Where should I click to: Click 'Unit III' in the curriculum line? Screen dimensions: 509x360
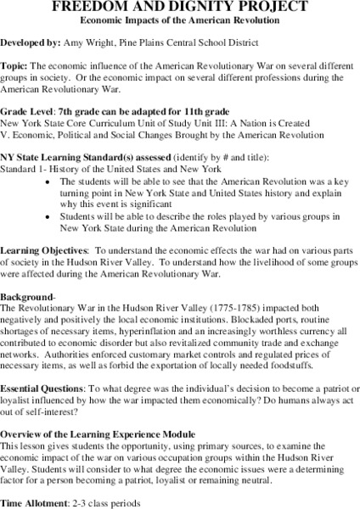tap(198, 123)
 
